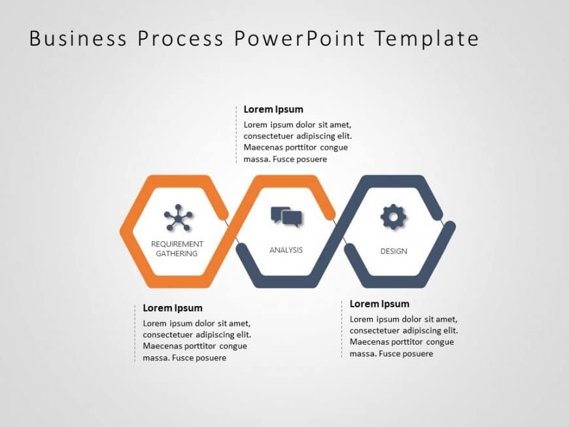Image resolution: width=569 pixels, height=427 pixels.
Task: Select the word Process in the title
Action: point(180,39)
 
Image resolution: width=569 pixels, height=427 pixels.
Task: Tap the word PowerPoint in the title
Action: point(299,39)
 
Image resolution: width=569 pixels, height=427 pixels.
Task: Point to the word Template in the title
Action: point(426,39)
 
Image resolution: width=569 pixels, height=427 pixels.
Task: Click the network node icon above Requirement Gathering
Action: point(178,218)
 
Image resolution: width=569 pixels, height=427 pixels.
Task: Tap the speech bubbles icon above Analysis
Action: point(286,217)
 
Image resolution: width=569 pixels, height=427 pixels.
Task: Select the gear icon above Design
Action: point(393,217)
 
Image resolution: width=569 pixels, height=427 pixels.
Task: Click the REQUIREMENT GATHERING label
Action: point(177,248)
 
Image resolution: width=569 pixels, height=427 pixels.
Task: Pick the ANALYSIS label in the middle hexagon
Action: point(286,250)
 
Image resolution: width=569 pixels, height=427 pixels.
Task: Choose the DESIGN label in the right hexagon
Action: point(394,251)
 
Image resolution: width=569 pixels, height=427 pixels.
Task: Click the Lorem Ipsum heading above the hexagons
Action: point(273,109)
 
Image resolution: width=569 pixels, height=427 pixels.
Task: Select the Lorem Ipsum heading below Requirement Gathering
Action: point(173,308)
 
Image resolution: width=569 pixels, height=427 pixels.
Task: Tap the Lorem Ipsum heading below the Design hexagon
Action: point(379,303)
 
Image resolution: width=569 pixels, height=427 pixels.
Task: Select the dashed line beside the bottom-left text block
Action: point(135,333)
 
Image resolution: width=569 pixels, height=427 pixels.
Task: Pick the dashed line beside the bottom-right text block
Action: point(341,329)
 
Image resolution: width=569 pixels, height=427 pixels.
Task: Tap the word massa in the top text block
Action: point(256,159)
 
